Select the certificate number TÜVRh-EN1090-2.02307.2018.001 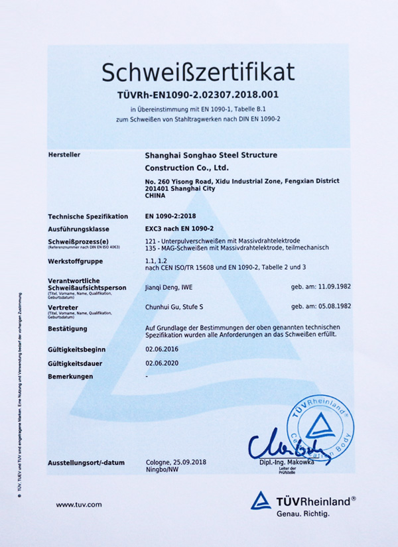pos(198,95)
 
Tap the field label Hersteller pos(64,154)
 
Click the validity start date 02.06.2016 pos(161,349)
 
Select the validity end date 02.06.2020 pos(161,363)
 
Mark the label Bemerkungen pos(71,377)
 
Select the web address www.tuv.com pos(78,505)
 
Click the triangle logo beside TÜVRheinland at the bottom pos(261,500)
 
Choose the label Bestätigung pos(68,329)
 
